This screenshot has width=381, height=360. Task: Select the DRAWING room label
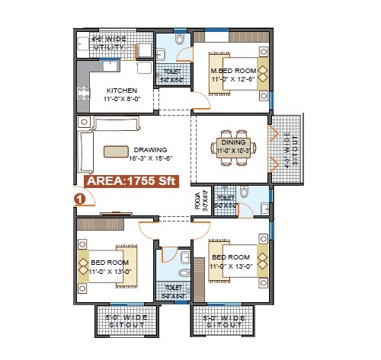point(149,149)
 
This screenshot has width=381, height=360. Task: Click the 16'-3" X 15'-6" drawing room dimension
point(151,158)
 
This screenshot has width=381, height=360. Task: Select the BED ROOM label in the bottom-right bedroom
point(229,257)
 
